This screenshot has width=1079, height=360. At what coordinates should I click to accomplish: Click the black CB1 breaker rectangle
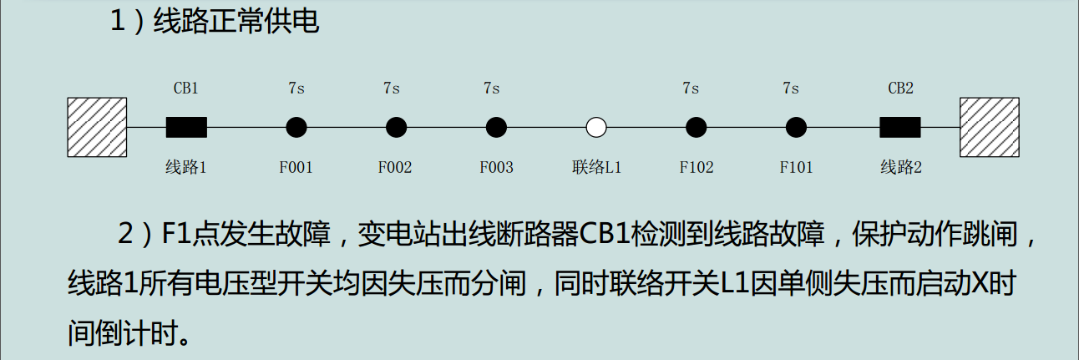(x=186, y=127)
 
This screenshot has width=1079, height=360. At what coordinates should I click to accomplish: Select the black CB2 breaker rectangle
(x=900, y=127)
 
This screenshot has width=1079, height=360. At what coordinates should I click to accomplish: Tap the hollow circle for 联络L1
(x=596, y=127)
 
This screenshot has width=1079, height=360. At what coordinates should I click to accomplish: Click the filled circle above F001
(x=296, y=127)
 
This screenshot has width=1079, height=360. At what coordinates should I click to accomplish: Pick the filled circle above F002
(x=397, y=127)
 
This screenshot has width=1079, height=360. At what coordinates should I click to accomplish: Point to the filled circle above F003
(x=497, y=127)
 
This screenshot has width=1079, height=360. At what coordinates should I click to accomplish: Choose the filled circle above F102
(x=697, y=127)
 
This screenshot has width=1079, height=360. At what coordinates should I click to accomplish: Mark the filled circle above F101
(x=797, y=127)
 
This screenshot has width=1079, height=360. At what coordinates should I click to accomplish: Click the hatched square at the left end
(x=97, y=127)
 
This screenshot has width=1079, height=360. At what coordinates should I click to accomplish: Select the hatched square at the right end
(x=990, y=127)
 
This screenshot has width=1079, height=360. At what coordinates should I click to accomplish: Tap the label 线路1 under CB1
(x=185, y=167)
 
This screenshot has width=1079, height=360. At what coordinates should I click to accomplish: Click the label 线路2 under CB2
(x=901, y=167)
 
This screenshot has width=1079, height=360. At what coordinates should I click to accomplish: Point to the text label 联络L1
(x=596, y=167)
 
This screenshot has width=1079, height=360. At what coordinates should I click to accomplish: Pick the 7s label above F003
(x=491, y=88)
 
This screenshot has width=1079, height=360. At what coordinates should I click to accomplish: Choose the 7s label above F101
(x=791, y=88)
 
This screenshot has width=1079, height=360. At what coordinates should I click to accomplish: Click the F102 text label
(x=697, y=167)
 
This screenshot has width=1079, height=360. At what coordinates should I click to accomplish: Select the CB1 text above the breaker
(x=185, y=88)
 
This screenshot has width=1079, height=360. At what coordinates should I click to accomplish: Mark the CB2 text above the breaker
(x=900, y=88)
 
